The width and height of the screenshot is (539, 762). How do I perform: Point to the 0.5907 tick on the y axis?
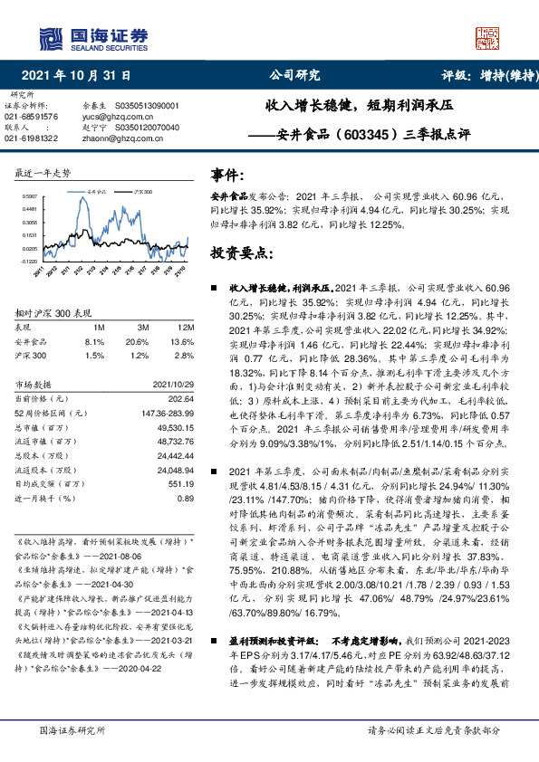coord(30,195)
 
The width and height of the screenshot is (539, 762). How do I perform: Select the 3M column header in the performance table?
coord(142,327)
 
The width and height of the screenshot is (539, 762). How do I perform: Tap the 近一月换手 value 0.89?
coord(186,499)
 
